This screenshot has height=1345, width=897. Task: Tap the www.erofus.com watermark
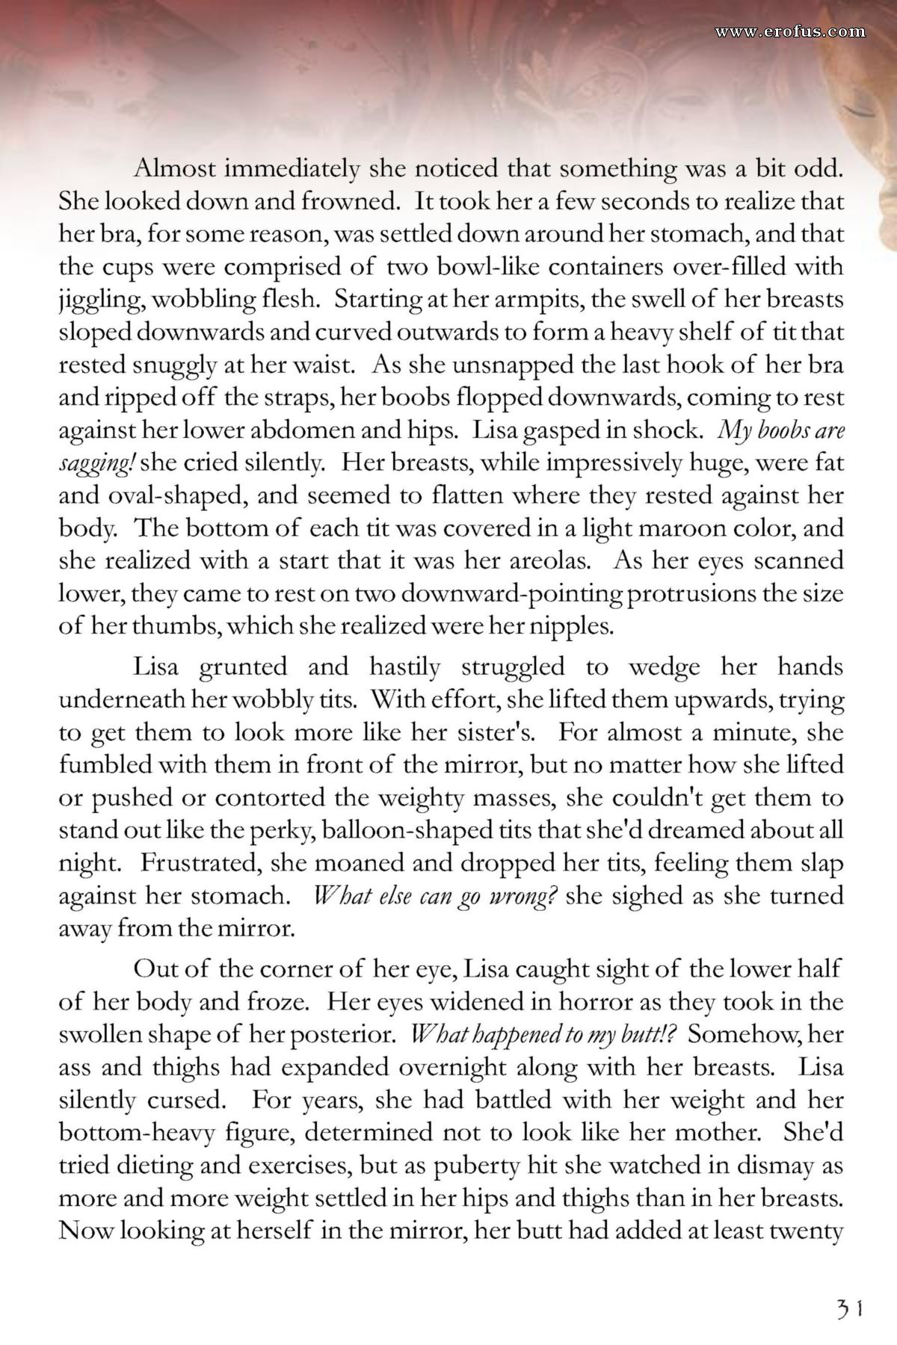[x=789, y=31]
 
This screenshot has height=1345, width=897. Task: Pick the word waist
[x=322, y=365]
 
